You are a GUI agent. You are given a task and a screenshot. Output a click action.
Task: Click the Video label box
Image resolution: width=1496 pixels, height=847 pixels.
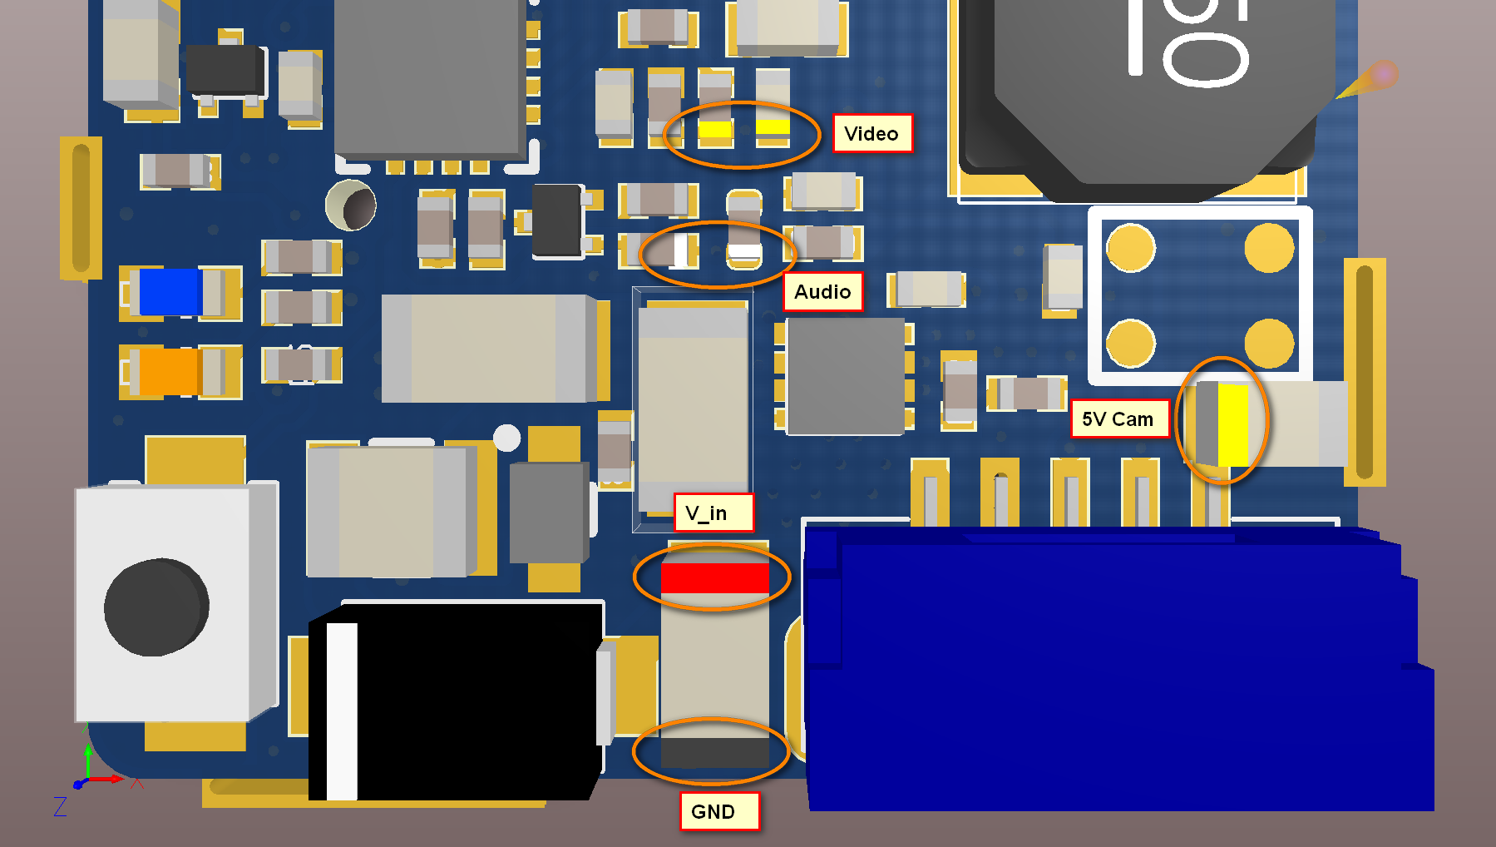point(872,133)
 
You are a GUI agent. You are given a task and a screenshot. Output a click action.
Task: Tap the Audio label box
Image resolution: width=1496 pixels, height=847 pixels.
point(822,291)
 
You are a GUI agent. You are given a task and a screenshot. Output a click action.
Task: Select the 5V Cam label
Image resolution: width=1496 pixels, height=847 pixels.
point(1118,419)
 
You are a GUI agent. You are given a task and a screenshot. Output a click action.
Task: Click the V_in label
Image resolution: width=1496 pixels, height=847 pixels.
point(713,513)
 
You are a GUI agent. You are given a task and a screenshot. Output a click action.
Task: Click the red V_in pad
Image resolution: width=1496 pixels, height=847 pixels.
point(714,578)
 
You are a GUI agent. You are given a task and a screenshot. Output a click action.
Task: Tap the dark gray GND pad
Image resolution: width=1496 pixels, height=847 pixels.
point(714,752)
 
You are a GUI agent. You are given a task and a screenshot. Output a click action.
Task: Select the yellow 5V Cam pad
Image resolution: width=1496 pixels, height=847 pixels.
point(1232,424)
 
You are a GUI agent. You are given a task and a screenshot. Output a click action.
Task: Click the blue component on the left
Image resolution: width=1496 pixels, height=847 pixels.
point(170,292)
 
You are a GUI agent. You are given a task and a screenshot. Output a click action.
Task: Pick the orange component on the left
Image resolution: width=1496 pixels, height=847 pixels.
point(169,371)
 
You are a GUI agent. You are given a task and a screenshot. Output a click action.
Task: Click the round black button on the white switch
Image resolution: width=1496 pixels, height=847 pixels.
point(156,607)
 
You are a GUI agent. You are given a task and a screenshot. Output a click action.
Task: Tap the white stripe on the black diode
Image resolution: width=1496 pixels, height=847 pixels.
point(341,711)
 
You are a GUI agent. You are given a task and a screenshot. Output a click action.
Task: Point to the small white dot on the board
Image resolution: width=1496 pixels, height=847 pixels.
point(506,438)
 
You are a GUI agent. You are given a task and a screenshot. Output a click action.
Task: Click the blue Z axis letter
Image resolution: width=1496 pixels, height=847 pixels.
point(60,806)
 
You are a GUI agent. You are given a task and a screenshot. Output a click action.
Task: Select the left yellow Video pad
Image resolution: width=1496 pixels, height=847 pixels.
point(714,130)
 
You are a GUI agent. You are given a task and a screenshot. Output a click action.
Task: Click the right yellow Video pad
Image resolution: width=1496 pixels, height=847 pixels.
point(773,126)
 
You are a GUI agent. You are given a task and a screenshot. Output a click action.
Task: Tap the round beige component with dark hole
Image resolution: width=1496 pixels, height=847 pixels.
point(351,205)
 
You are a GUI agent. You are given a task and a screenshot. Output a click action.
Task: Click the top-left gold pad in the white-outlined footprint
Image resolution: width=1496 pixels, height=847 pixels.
point(1131,247)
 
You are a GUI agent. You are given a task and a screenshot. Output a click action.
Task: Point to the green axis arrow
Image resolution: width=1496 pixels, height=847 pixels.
point(88,757)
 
